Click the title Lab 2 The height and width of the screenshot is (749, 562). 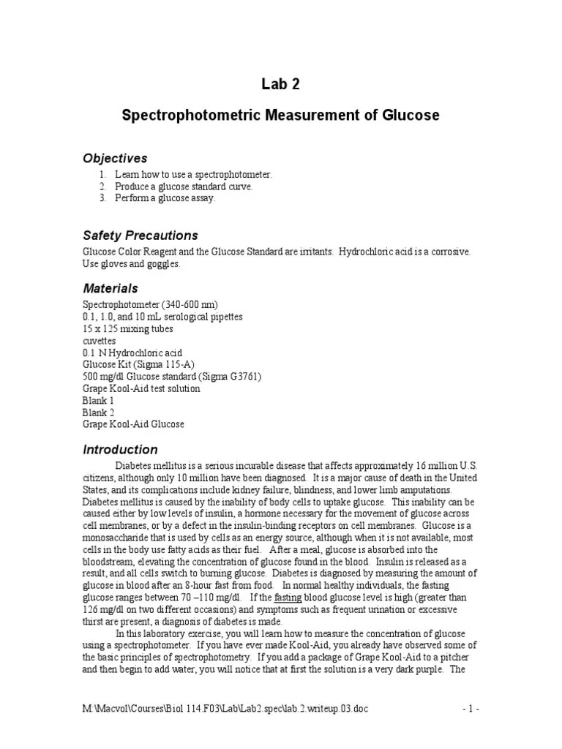click(280, 84)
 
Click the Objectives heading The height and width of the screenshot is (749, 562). click(115, 158)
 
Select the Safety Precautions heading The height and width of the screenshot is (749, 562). click(140, 236)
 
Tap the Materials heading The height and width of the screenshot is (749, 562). click(110, 288)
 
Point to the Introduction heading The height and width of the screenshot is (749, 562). click(119, 449)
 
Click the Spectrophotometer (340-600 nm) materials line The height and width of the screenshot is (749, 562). click(150, 305)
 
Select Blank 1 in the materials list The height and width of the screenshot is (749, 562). click(98, 400)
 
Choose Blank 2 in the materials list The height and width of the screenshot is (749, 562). click(98, 412)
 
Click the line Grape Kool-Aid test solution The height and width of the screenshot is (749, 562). click(140, 388)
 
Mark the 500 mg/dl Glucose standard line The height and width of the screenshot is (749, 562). click(171, 376)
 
